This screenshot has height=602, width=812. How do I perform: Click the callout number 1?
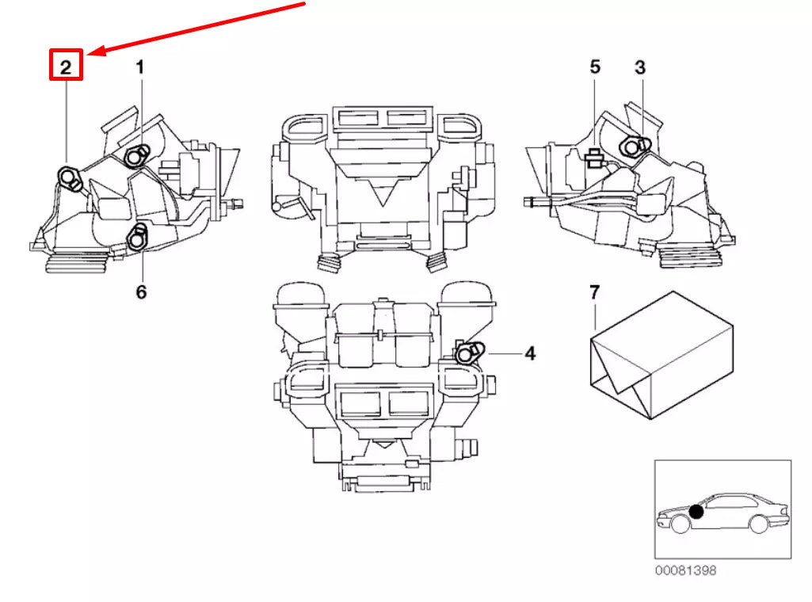(140, 67)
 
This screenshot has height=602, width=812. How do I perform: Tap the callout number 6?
(141, 292)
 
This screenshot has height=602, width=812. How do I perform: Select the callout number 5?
(595, 67)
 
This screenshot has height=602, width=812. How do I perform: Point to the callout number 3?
(640, 67)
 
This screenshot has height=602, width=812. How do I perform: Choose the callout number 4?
(530, 353)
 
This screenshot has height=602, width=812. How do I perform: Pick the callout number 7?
(595, 293)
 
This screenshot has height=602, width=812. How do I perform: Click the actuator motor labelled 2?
(70, 177)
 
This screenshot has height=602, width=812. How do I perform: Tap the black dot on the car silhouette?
(696, 512)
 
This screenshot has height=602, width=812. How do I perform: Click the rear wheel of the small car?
(758, 524)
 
